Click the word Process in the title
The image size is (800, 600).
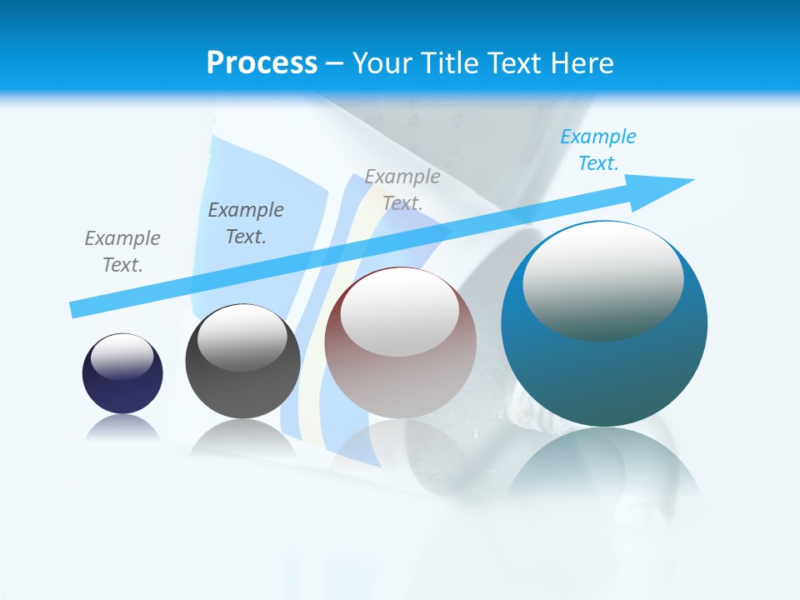(x=262, y=63)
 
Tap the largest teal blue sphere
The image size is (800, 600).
(x=604, y=375)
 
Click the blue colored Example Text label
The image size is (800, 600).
(x=598, y=150)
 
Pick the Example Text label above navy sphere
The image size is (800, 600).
(x=122, y=252)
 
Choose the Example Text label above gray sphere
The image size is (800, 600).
(x=246, y=223)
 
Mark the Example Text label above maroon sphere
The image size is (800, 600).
(x=402, y=190)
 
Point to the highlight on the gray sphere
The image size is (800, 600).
(x=242, y=337)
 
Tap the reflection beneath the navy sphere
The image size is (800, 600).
(x=122, y=427)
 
